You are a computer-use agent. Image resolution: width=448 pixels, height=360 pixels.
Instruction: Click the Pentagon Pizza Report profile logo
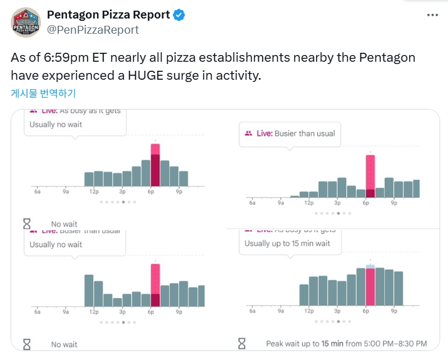(25, 22)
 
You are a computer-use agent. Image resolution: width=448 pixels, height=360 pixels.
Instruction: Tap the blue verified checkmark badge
(179, 15)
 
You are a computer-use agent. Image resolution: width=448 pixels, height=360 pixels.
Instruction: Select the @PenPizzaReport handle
(93, 30)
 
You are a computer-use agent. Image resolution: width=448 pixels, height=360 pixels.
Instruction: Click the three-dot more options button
(432, 16)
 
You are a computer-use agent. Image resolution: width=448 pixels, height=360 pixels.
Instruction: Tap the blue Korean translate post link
(43, 93)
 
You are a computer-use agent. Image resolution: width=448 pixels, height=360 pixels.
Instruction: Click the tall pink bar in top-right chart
(370, 176)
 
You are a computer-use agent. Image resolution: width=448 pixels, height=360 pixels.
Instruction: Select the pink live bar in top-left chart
(156, 165)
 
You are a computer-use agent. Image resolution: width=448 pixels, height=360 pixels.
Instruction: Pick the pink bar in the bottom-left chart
(156, 285)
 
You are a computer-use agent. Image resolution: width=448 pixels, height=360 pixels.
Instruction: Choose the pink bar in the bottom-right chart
(370, 286)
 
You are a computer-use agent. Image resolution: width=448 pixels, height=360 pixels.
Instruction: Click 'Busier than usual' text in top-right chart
(305, 134)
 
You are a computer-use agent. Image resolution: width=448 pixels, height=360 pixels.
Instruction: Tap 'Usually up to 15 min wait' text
(287, 244)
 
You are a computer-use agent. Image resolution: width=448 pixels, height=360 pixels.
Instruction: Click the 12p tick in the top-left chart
(94, 192)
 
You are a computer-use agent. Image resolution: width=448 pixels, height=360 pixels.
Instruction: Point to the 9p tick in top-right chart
(394, 203)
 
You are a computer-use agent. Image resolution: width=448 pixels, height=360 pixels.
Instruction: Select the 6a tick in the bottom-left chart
(37, 312)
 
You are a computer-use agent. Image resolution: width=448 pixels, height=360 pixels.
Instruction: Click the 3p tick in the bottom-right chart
(337, 311)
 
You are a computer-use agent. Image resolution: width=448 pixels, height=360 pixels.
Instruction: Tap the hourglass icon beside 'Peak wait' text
(242, 343)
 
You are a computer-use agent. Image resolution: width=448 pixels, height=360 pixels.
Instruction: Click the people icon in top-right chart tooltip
(248, 134)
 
